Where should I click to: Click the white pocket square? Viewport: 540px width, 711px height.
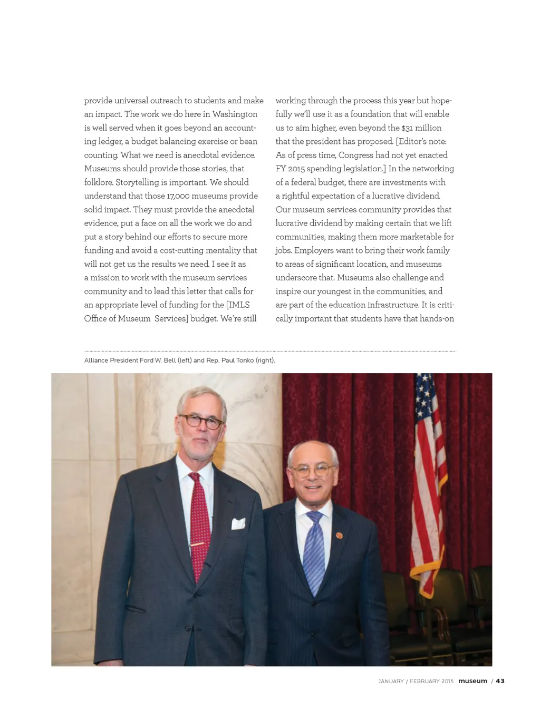(238, 523)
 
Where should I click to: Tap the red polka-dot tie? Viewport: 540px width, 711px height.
(199, 522)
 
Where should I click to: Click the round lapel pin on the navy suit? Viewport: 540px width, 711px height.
(340, 535)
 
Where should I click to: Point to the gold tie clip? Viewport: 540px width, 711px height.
(197, 543)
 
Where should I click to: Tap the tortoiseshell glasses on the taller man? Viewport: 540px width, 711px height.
(201, 421)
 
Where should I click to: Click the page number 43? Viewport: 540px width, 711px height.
(500, 681)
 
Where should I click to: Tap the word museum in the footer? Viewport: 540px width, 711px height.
(472, 681)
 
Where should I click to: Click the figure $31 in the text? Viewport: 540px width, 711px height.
(407, 128)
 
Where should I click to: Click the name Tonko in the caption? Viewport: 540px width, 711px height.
(245, 361)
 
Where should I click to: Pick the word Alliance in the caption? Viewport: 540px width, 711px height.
(97, 361)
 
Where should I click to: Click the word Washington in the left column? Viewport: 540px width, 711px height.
(235, 114)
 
